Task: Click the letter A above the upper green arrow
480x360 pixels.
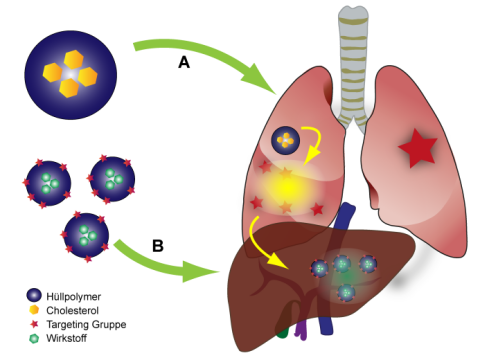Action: (184, 62)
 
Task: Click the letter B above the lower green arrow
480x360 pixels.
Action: (158, 246)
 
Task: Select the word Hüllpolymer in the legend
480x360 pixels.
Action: (73, 296)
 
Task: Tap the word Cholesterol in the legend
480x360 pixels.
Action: (72, 310)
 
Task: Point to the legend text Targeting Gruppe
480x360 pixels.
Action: (86, 324)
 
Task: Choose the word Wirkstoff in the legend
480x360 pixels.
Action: (66, 338)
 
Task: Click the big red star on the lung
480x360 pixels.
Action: (417, 148)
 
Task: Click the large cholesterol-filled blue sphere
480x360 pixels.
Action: (71, 75)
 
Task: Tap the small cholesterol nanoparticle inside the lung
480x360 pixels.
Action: (285, 140)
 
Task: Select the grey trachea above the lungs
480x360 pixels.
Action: (353, 67)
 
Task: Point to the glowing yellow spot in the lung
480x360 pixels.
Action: (287, 187)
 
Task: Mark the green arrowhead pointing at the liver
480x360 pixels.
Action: (200, 271)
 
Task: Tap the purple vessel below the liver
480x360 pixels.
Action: (301, 330)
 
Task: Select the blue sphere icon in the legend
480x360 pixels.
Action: (34, 295)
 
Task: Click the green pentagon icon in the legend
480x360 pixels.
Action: (34, 338)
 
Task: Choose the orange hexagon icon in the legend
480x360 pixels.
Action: (34, 310)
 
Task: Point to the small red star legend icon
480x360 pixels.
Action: (34, 324)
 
